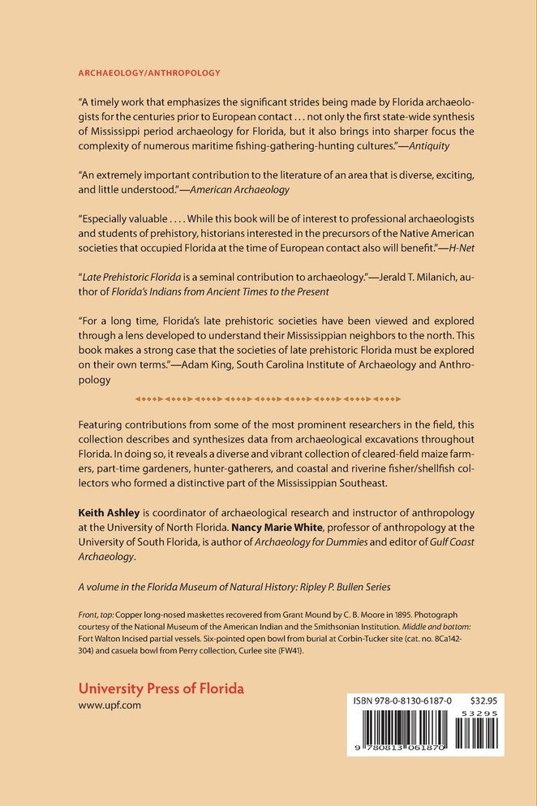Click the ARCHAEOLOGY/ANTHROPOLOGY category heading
tap(149, 73)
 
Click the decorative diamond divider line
tap(268, 399)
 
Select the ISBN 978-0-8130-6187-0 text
tap(402, 697)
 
